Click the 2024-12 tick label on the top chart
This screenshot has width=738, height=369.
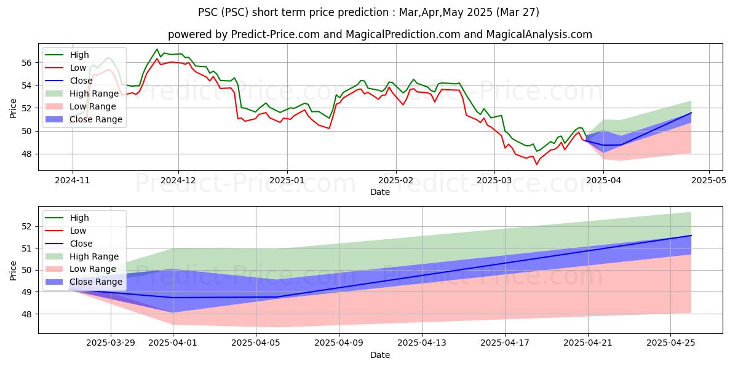click(178, 181)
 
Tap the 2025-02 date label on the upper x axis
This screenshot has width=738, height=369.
click(395, 181)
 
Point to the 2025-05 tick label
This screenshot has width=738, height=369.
click(708, 181)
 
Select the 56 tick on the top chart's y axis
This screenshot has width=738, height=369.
click(26, 63)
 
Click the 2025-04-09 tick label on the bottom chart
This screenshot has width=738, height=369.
click(339, 343)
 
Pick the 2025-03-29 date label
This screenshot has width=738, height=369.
click(111, 343)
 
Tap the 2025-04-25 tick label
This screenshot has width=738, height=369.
click(671, 343)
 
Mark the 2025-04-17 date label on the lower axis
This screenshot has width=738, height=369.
click(505, 343)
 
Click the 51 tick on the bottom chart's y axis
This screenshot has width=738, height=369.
click(26, 248)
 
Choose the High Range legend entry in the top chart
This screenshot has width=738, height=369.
click(82, 93)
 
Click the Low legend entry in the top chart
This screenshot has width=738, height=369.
click(65, 68)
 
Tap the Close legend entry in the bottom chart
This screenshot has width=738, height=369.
click(68, 244)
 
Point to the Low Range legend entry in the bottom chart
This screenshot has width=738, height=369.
click(81, 269)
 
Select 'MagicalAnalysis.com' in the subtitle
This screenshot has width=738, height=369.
click(539, 34)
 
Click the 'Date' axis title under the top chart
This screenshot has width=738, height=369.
click(380, 192)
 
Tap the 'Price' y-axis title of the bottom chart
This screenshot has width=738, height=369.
click(13, 271)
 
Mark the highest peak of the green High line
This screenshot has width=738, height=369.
click(157, 49)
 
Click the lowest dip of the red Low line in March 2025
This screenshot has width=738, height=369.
click(536, 164)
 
